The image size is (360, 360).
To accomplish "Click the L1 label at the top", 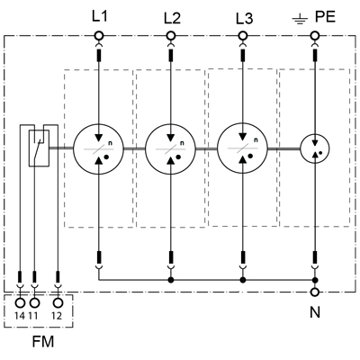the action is [x=99, y=16].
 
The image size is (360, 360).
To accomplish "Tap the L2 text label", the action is [x=172, y=18].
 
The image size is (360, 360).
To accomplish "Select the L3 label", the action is [x=245, y=19].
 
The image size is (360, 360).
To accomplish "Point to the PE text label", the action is [x=325, y=17].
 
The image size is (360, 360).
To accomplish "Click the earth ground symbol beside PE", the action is [x=300, y=21].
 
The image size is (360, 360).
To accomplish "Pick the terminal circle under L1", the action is [x=99, y=36].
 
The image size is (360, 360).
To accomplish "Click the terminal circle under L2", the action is [x=171, y=36].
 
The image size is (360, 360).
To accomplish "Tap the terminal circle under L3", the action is [x=243, y=36].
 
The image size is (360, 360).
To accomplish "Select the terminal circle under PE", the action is [x=315, y=36].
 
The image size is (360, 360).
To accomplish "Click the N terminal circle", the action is [x=315, y=292].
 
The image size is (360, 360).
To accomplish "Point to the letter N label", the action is [x=315, y=312].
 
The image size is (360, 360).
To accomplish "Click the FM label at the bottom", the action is [x=43, y=342].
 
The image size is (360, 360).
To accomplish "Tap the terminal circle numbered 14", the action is [x=20, y=303].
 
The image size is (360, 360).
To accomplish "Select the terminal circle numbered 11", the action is [x=34, y=303].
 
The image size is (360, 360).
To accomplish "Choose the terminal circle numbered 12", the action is [x=58, y=303].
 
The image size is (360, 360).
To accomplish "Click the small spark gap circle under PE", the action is [x=315, y=148].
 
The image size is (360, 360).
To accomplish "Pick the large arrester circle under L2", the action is [x=170, y=148].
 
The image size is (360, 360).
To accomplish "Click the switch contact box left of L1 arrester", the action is [x=39, y=148].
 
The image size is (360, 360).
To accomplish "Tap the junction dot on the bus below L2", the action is [x=171, y=280].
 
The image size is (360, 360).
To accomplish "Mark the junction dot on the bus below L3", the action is [x=243, y=280].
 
